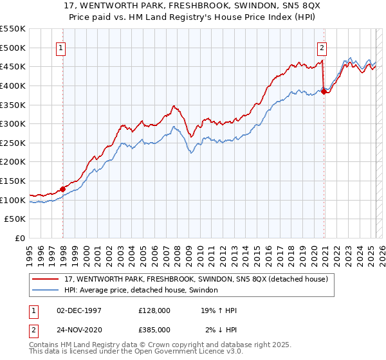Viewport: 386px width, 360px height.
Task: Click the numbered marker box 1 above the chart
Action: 60,47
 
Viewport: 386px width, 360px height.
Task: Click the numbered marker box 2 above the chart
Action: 321,47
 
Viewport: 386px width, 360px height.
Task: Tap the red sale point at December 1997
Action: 63,189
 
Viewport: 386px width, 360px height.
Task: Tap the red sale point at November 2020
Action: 324,91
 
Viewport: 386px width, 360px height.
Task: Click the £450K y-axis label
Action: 14,66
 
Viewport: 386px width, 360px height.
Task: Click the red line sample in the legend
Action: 46,279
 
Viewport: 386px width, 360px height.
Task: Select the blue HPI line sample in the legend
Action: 46,291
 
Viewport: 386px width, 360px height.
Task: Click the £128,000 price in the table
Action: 154,310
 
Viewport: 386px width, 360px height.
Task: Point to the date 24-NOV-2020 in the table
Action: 79,330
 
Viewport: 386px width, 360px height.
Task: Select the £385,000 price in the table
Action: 154,330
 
